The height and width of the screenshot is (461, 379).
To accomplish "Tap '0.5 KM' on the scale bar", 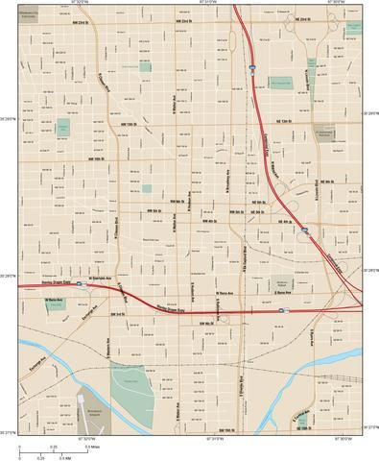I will click(x=62, y=458).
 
